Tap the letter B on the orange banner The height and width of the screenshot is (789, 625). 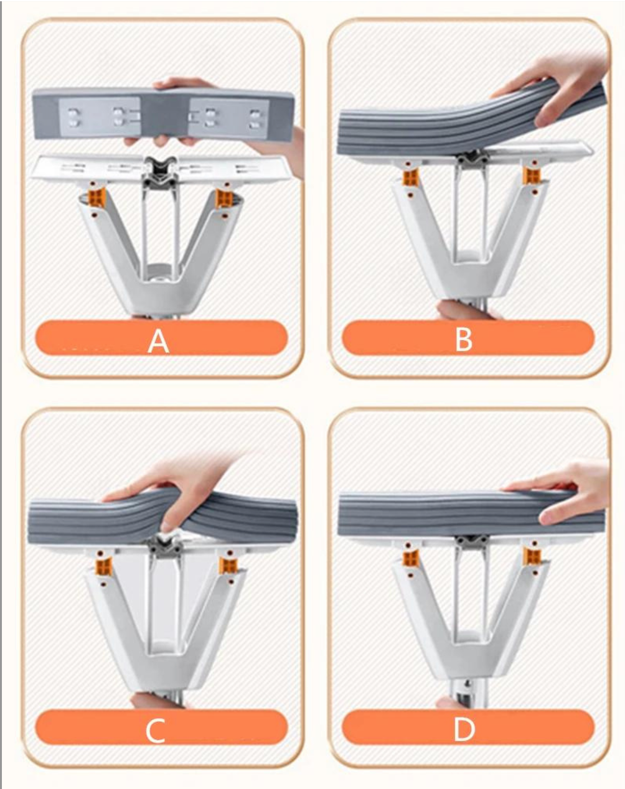[x=464, y=340]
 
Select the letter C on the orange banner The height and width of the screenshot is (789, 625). [x=155, y=731]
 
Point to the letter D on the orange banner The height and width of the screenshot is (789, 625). [x=464, y=730]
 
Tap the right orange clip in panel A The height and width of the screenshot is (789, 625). [x=223, y=198]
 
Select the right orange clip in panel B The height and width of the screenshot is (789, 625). [x=532, y=175]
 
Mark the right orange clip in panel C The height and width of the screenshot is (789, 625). [x=227, y=566]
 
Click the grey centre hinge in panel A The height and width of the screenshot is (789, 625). [x=159, y=172]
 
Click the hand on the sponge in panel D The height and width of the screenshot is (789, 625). [x=565, y=492]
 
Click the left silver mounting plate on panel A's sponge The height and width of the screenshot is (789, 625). [x=100, y=118]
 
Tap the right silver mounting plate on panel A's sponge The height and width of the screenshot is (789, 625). [x=228, y=119]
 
